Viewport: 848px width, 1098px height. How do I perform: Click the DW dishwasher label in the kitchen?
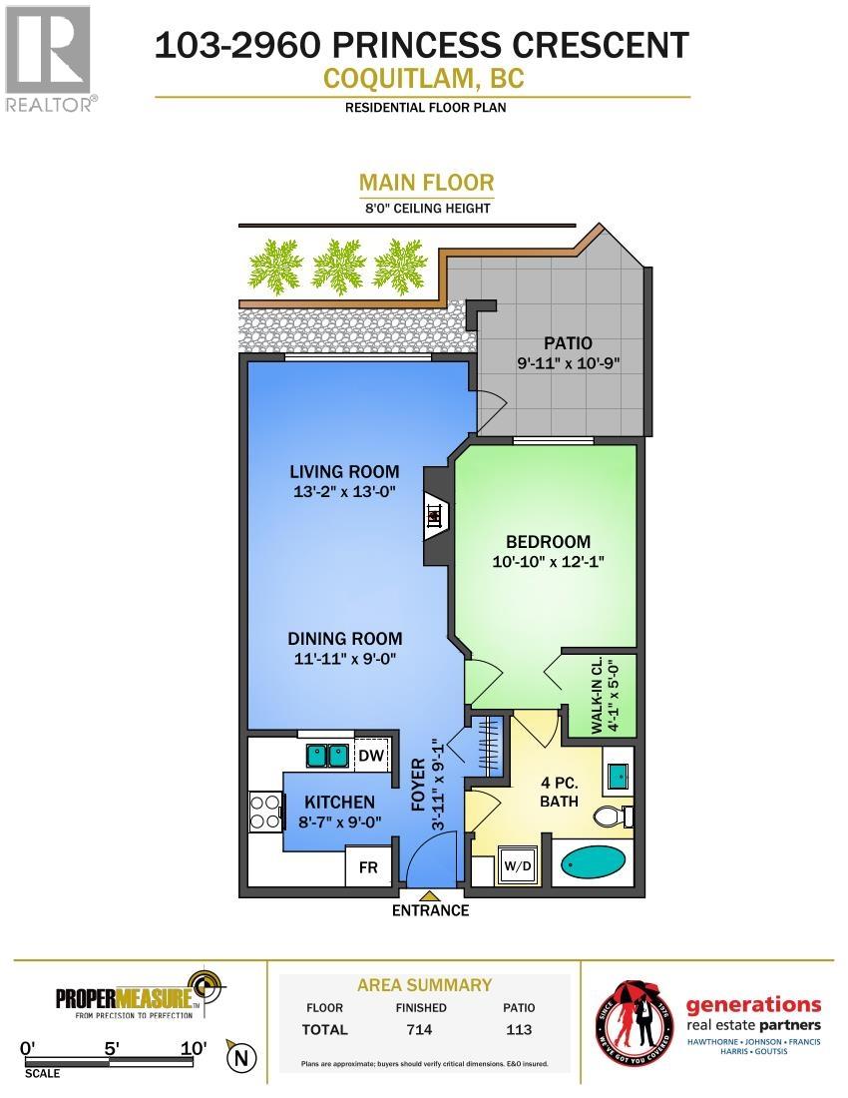[371, 755]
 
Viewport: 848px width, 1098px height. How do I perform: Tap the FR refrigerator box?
[369, 866]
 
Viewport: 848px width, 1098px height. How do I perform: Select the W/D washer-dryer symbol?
[518, 866]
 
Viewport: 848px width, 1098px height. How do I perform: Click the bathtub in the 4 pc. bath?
[594, 863]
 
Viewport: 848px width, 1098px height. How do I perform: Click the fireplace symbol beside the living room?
[435, 515]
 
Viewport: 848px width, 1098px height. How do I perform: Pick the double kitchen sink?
[328, 756]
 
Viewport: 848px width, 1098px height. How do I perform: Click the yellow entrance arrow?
[430, 896]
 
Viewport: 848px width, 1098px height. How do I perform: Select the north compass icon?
[241, 1057]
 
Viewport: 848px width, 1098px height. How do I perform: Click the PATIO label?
[568, 343]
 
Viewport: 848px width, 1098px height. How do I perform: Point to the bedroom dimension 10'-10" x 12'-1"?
[548, 562]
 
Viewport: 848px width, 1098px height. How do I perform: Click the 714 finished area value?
[420, 1029]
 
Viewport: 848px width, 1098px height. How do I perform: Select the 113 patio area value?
[519, 1029]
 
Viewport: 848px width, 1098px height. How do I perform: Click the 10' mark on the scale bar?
[194, 1048]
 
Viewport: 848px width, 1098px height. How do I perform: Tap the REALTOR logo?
[49, 59]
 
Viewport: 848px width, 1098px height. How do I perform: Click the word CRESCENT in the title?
[601, 46]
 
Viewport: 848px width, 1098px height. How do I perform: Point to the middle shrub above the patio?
[339, 267]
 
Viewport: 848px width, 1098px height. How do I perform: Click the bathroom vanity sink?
[618, 776]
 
